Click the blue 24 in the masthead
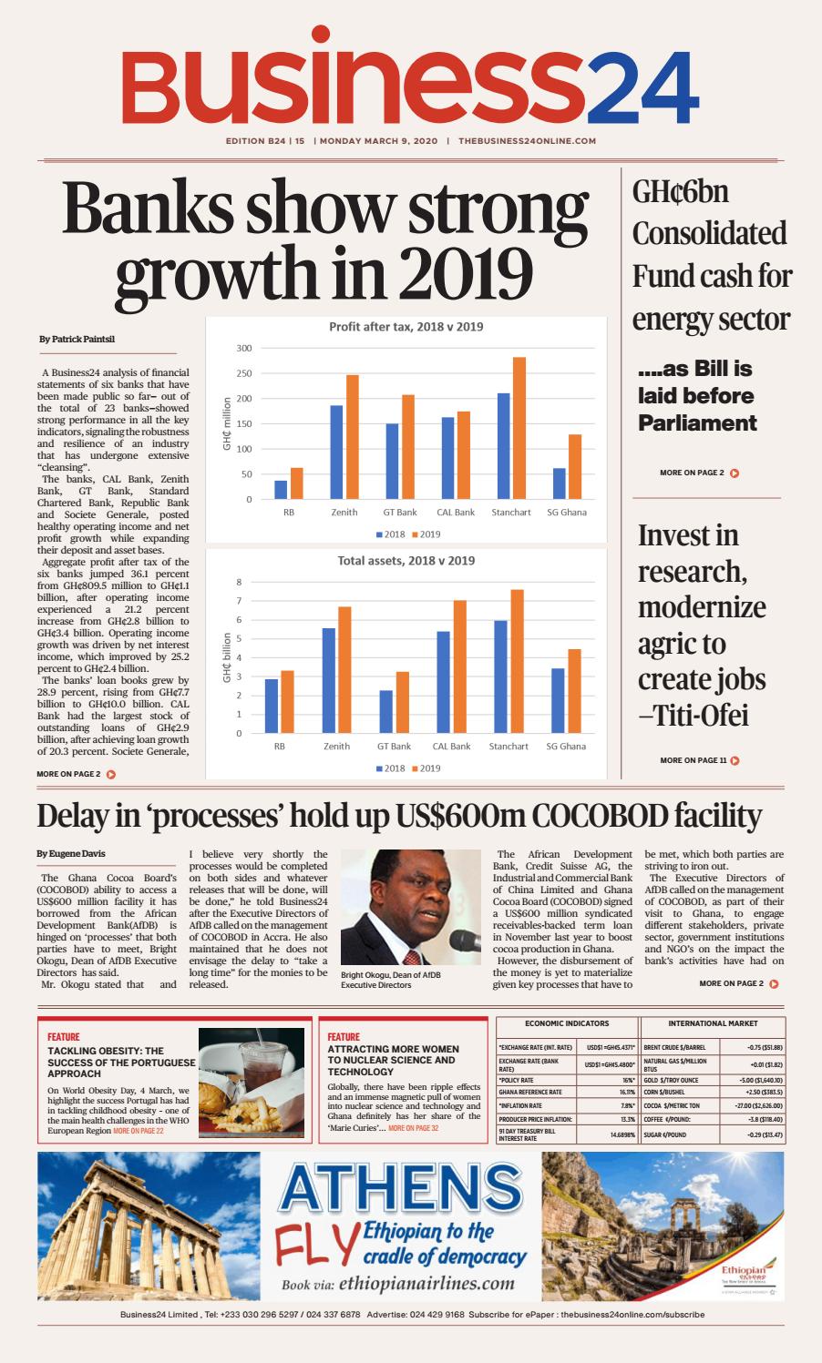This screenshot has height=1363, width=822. coord(642,89)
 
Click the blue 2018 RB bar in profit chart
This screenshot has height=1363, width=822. coord(281,490)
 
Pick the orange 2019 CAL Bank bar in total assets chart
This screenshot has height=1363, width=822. coord(460,666)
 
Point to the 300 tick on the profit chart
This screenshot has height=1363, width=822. coord(243,348)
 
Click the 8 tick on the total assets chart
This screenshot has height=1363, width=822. coord(239,582)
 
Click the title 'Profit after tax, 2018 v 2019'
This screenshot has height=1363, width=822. coord(406,327)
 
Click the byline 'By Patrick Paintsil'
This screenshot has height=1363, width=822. coord(77,340)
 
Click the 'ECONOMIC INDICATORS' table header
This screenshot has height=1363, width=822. coord(567,1023)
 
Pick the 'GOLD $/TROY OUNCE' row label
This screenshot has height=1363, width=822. coord(673,1080)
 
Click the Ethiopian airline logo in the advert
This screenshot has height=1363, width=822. coord(745,1272)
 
